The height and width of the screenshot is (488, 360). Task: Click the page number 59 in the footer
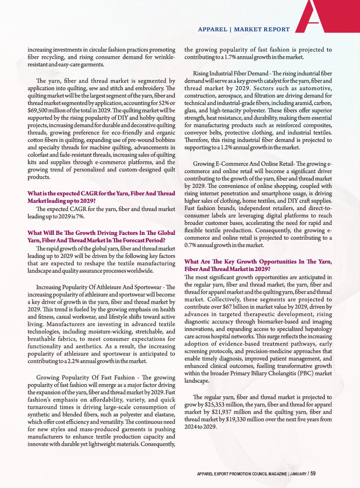pos(313,473)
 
